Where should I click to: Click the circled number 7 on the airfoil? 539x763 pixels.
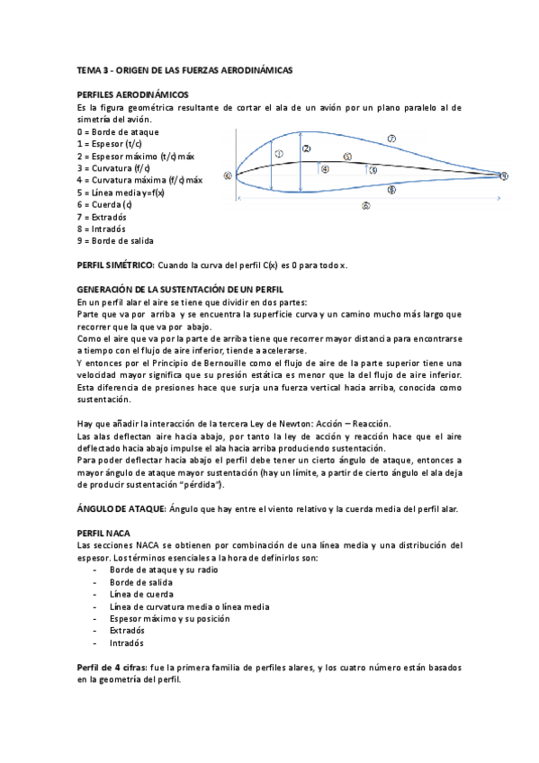tap(391, 139)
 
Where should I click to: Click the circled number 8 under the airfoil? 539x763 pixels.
tap(391, 190)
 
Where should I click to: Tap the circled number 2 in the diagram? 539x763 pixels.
tap(307, 148)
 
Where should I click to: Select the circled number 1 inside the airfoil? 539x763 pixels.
tap(279, 154)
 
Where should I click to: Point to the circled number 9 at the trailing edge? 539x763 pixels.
tap(504, 175)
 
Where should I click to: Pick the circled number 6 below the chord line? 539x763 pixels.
tap(365, 205)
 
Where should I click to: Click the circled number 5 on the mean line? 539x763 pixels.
tap(346, 157)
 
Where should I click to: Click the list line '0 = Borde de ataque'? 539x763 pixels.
tap(119, 131)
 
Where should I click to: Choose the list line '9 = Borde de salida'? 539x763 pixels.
tap(116, 241)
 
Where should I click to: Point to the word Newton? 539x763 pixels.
tap(338, 423)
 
